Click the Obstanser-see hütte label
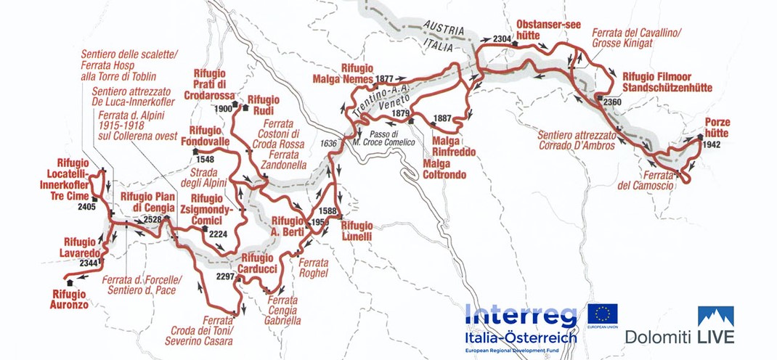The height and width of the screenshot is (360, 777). pyautogui.click(x=548, y=30)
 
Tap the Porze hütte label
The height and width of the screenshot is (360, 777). pyautogui.click(x=717, y=128)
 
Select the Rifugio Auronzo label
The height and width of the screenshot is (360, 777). pyautogui.click(x=69, y=299)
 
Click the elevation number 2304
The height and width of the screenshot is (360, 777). pyautogui.click(x=502, y=38)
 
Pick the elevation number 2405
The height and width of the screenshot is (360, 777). pyautogui.click(x=87, y=207)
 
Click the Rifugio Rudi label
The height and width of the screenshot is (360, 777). pyautogui.click(x=267, y=105)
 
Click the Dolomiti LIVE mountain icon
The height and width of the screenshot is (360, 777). pyautogui.click(x=715, y=316)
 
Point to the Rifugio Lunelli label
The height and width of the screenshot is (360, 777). pyautogui.click(x=357, y=231)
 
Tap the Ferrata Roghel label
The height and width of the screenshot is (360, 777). pyautogui.click(x=314, y=268)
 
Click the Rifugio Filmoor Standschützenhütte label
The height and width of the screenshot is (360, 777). pyautogui.click(x=667, y=82)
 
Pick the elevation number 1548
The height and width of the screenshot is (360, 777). pyautogui.click(x=205, y=159)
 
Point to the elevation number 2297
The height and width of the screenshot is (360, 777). pyautogui.click(x=227, y=276)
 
